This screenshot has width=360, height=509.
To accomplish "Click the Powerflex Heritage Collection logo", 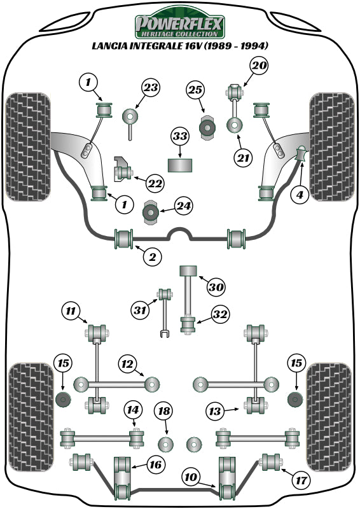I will tap(179, 25).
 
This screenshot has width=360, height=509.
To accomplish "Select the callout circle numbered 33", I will tap(180, 137).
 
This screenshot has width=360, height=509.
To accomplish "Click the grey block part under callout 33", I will tap(180, 165).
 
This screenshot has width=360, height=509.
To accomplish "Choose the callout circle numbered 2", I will tap(151, 257).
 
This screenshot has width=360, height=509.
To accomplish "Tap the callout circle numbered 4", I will tap(300, 195).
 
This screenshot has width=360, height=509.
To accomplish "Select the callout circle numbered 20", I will tap(259, 66).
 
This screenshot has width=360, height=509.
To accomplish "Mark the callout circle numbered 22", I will tap(154, 183).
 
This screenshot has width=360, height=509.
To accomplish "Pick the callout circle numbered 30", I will tap(216, 288).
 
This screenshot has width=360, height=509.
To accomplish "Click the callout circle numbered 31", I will tap(140, 311).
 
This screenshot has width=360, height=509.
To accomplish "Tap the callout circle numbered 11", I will tap(71, 311).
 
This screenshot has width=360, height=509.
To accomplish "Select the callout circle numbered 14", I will tap(133, 409).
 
